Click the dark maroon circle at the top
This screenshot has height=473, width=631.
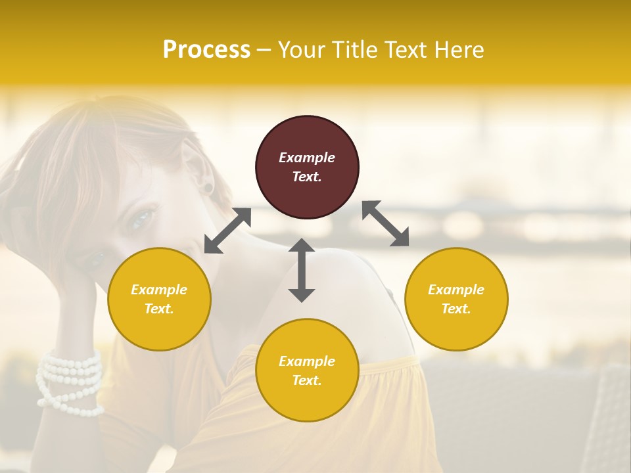pyautogui.click(x=307, y=167)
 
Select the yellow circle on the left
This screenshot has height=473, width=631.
pyautogui.click(x=159, y=299)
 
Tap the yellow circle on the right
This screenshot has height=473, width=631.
pyautogui.click(x=456, y=299)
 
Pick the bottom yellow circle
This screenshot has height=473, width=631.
pyautogui.click(x=307, y=371)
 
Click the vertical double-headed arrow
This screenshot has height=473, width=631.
pyautogui.click(x=302, y=270)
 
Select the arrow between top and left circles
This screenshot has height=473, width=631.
pyautogui.click(x=227, y=231)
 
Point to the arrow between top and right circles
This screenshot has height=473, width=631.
pyautogui.click(x=386, y=223)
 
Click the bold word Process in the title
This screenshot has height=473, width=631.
pyautogui.click(x=206, y=50)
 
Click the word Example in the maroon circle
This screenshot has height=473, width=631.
pyautogui.click(x=307, y=158)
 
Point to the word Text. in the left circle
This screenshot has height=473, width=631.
pyautogui.click(x=159, y=309)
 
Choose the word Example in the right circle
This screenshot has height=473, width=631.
pyautogui.click(x=456, y=290)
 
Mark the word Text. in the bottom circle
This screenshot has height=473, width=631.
pyautogui.click(x=307, y=380)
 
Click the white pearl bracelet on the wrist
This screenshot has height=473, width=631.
pyautogui.click(x=70, y=381)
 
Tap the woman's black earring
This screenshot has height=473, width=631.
pyautogui.click(x=208, y=189)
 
